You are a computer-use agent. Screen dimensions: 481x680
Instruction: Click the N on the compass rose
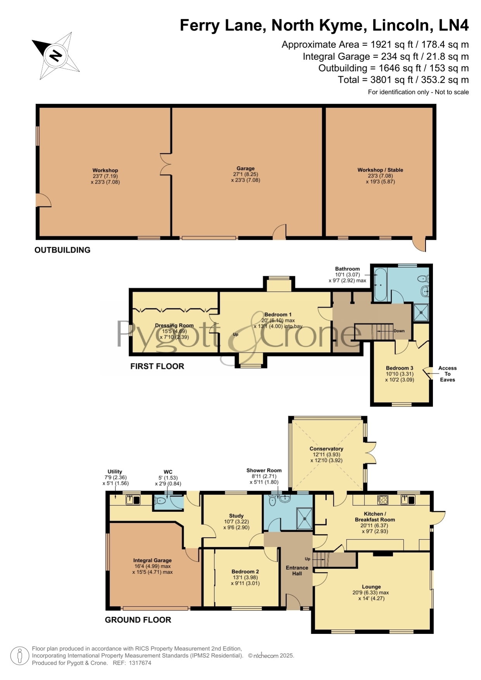(56, 56)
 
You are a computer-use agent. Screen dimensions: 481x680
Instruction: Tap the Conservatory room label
(326, 449)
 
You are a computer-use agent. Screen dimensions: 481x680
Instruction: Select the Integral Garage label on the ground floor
(152, 560)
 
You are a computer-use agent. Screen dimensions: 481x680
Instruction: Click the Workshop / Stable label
(380, 170)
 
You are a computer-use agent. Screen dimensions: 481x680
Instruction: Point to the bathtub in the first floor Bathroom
(380, 284)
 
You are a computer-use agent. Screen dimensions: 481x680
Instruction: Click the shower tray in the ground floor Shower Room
(305, 518)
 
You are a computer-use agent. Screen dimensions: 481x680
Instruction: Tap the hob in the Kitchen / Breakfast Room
(383, 500)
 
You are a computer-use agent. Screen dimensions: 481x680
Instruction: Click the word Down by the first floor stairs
(399, 331)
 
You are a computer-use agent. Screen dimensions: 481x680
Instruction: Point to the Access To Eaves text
(447, 374)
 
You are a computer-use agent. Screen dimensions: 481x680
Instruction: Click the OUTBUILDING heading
(62, 250)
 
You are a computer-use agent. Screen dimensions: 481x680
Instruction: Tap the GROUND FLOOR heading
(138, 620)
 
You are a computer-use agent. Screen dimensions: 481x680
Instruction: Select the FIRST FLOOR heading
(157, 366)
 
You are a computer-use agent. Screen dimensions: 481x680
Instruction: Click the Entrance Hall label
(297, 570)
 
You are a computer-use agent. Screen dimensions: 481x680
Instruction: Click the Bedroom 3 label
(400, 368)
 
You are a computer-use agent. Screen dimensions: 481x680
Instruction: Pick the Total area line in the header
(403, 80)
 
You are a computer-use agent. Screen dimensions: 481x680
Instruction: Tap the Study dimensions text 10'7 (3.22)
(236, 522)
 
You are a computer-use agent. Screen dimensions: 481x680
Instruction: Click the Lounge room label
(371, 587)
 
